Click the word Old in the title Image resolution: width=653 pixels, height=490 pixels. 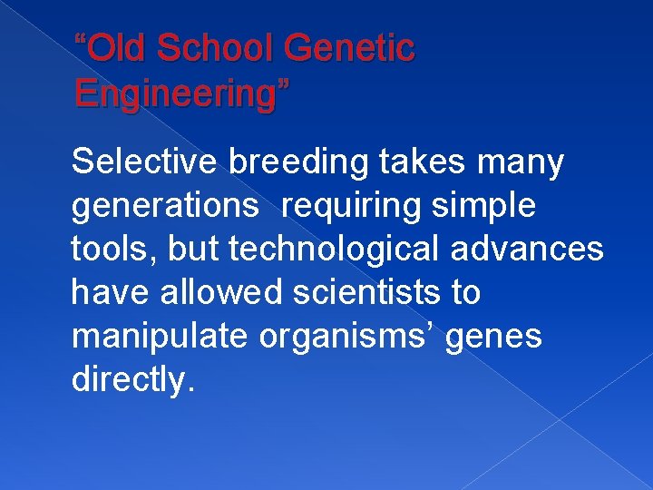117,48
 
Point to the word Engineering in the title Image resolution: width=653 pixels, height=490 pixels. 178,92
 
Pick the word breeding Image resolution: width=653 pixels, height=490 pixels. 298,162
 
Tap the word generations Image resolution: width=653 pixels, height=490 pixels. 164,208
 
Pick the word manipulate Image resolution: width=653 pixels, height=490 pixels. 161,337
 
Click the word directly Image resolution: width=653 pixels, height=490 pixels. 132,380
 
